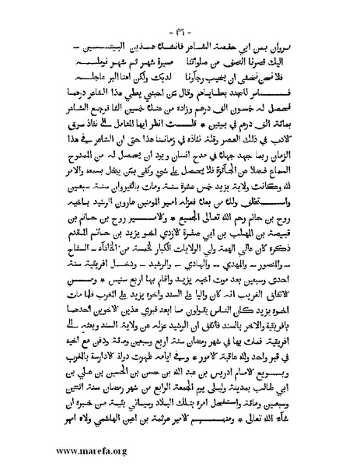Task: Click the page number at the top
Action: [x=180, y=36]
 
